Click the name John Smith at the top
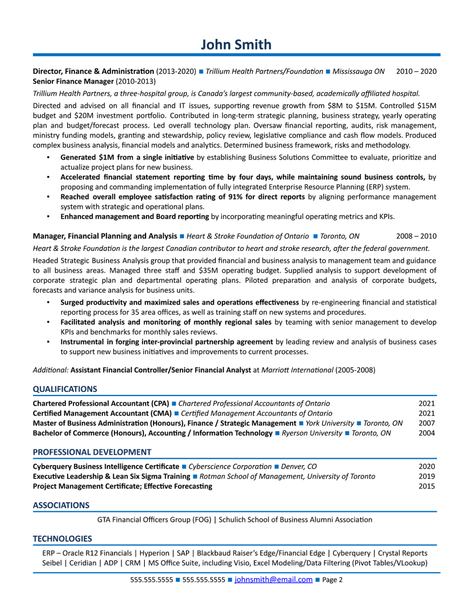(x=236, y=44)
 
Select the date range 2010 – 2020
(x=416, y=71)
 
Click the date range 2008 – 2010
(x=416, y=236)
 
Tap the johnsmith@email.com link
(x=273, y=580)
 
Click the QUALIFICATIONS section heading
(x=65, y=389)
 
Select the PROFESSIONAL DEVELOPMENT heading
(x=92, y=452)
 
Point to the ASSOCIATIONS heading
(x=61, y=505)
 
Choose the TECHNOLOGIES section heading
(x=62, y=538)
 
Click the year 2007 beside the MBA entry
(x=427, y=423)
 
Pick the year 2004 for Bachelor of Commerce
(x=427, y=433)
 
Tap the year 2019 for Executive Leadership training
(x=427, y=476)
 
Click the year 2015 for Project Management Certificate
(x=427, y=486)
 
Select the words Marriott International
(x=297, y=370)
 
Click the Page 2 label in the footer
(x=332, y=580)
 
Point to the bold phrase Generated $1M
(x=87, y=157)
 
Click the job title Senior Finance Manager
(x=73, y=81)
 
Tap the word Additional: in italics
(x=51, y=370)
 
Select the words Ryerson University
(x=312, y=433)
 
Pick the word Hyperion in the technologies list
(x=154, y=553)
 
